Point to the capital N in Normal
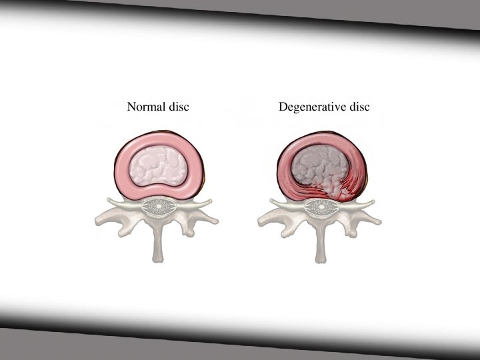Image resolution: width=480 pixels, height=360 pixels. pyautogui.click(x=131, y=107)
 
